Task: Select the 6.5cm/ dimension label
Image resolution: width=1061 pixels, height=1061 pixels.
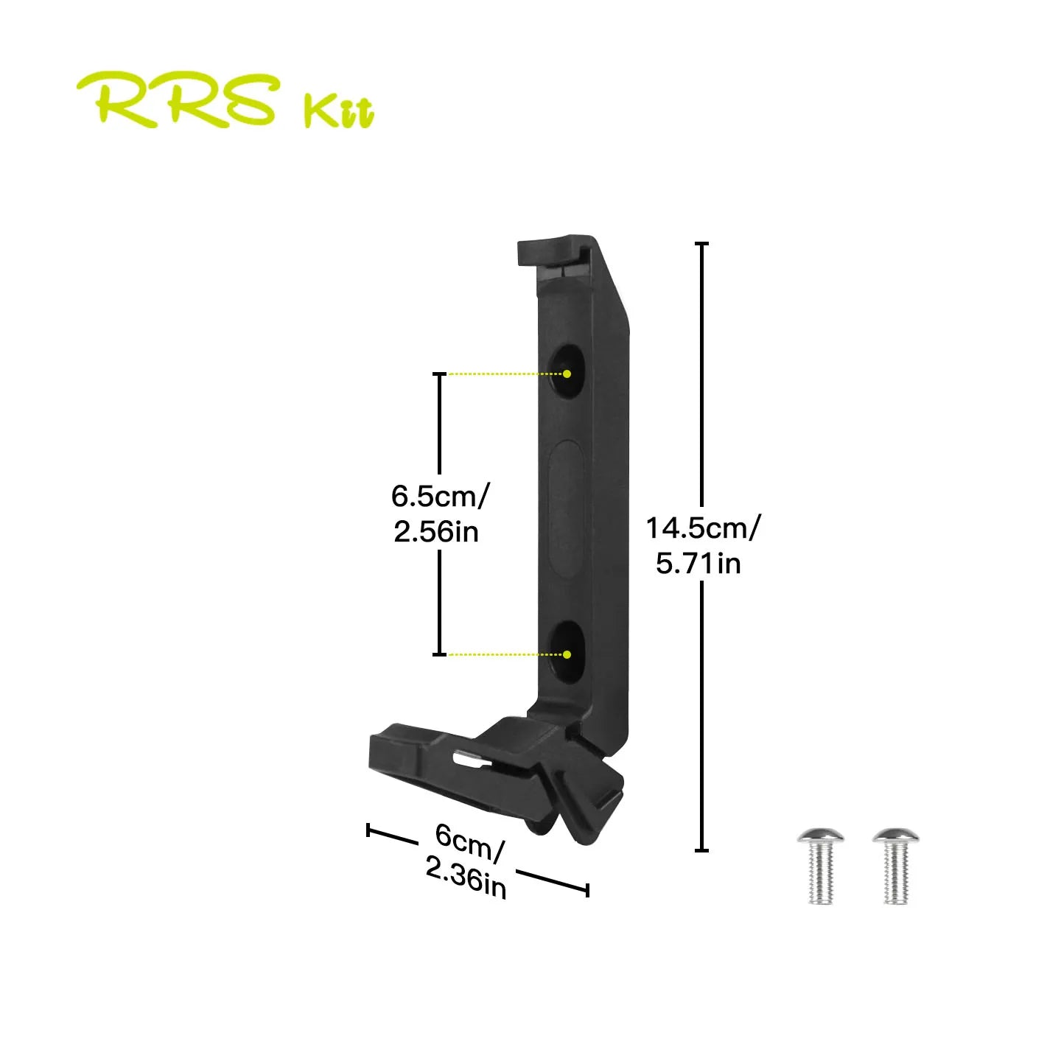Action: pos(438,497)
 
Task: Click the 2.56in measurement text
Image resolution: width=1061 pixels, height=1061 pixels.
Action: pos(435,531)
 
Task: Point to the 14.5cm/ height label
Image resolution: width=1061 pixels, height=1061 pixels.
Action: pos(704,528)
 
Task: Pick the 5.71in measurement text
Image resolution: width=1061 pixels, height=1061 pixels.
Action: pos(698,564)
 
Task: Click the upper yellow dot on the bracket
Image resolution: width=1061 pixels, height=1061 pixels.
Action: pos(567,374)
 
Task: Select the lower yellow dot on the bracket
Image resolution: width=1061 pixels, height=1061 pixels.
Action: pos(567,654)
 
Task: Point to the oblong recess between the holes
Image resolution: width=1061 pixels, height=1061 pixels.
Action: pos(567,508)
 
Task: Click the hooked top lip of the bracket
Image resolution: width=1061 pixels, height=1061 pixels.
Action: pos(553,251)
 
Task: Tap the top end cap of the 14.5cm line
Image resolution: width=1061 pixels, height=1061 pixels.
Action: pos(701,243)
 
